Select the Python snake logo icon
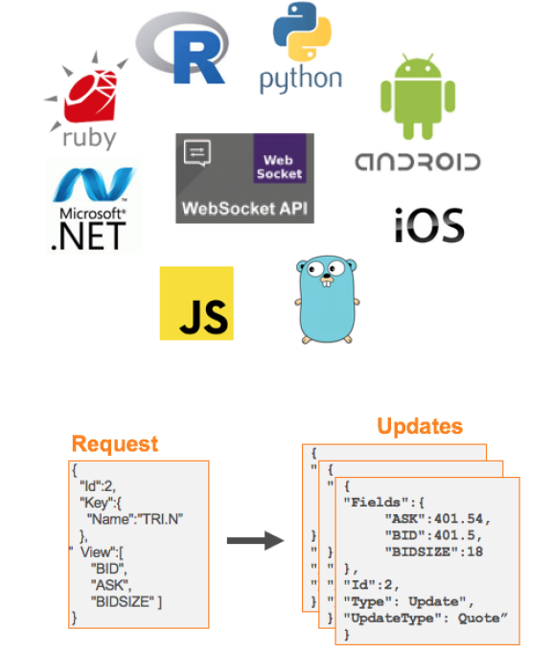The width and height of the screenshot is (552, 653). click(300, 33)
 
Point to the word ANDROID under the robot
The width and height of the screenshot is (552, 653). click(418, 160)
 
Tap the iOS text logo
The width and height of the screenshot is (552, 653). click(428, 225)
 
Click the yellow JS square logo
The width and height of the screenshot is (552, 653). click(195, 303)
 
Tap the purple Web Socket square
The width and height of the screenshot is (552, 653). click(279, 159)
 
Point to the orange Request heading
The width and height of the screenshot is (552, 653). click(114, 443)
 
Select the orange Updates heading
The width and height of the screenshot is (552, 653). click(419, 426)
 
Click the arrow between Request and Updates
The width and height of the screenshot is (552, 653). click(256, 542)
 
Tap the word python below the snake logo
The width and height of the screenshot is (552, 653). click(300, 79)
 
